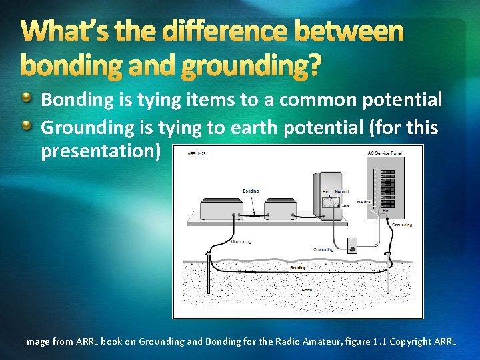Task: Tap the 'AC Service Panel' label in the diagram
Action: pos(385,153)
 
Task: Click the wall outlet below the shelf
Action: pos(354,245)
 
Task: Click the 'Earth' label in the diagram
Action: pos(306,290)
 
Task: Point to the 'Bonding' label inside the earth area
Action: pos(299,267)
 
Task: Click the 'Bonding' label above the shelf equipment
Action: pos(251,191)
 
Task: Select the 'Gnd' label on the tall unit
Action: pos(345,206)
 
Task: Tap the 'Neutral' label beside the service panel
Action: pos(364,201)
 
